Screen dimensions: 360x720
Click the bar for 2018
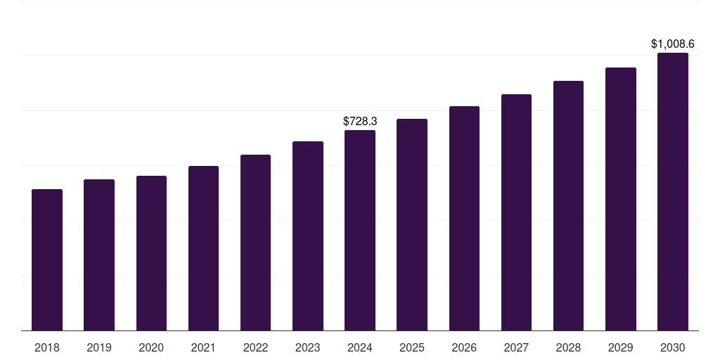click(x=47, y=259)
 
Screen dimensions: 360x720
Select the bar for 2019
click(x=99, y=255)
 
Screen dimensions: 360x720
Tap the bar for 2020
click(x=151, y=253)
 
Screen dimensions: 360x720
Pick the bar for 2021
click(x=203, y=248)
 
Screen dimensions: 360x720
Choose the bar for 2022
click(x=255, y=243)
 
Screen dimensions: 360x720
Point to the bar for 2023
click(x=308, y=236)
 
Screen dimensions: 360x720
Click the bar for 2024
click(x=360, y=230)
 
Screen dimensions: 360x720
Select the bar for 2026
click(x=464, y=218)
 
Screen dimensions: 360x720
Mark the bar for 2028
click(x=568, y=205)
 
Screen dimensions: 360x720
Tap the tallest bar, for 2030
click(x=673, y=191)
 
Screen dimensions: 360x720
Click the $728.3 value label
click(x=360, y=122)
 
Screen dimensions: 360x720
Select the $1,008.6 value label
click(x=673, y=44)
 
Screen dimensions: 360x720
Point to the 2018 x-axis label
click(x=47, y=347)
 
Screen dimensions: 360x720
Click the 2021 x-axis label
click(x=203, y=347)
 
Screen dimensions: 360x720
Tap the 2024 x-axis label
click(x=360, y=347)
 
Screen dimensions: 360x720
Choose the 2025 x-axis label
click(x=412, y=347)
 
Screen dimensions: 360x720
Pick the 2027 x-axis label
click(x=516, y=347)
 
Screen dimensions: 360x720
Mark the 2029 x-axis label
click(x=621, y=347)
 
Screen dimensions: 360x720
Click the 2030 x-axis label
click(x=673, y=347)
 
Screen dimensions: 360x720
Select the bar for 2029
click(x=621, y=199)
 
